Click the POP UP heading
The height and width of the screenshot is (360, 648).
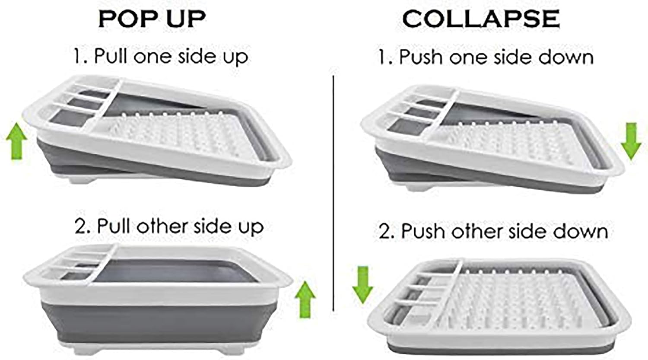(x=152, y=19)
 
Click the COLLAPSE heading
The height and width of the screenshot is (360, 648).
(x=481, y=19)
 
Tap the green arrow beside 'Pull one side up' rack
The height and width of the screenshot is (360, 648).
(x=17, y=140)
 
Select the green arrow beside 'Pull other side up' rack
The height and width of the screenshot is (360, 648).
(x=305, y=299)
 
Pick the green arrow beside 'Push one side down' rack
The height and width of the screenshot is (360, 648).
(x=631, y=141)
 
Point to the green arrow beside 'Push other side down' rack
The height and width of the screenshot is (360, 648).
(x=363, y=285)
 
